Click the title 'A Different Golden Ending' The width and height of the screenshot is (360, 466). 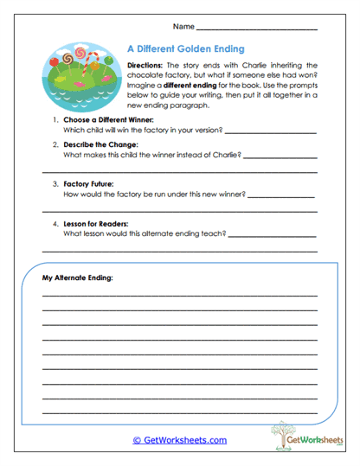185,49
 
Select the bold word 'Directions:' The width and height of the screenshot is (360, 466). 149,65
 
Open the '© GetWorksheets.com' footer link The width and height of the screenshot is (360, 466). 179,440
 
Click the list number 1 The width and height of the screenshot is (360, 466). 55,120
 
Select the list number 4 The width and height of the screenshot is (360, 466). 55,223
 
